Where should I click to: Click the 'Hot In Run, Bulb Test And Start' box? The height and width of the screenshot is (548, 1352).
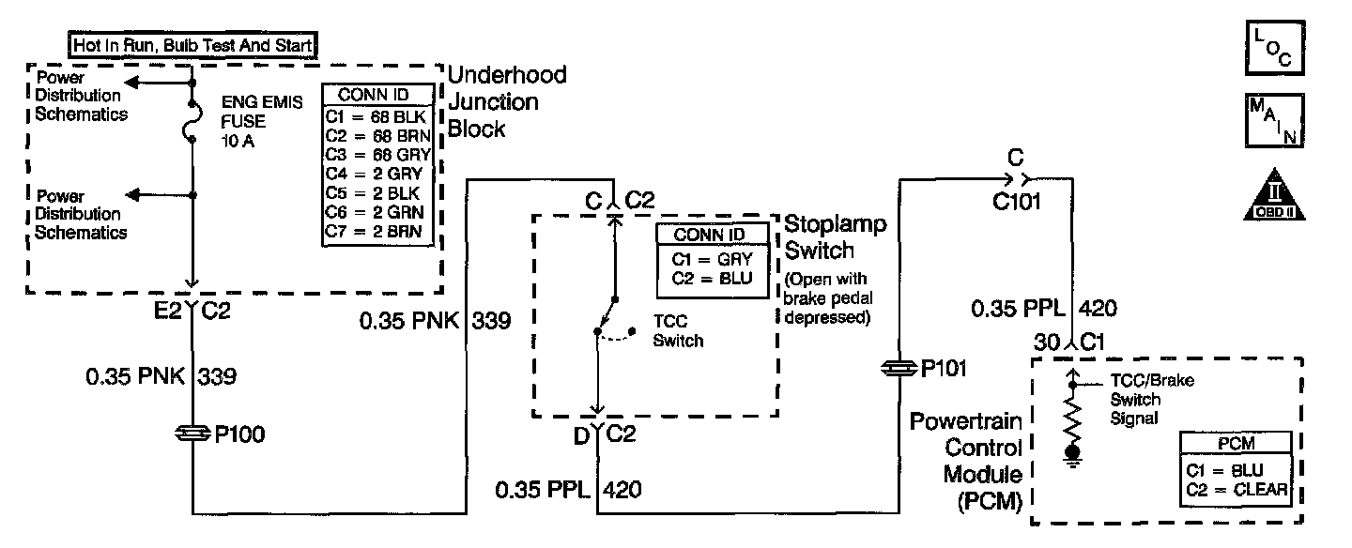pos(193,43)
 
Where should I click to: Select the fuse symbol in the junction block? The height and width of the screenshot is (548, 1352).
pos(192,122)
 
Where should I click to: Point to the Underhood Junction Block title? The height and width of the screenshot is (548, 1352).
pos(507,101)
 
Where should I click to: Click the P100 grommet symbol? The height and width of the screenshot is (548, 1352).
pos(192,434)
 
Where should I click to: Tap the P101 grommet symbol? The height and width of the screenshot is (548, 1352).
pos(899,369)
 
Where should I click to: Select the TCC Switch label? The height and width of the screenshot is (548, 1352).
pos(677,332)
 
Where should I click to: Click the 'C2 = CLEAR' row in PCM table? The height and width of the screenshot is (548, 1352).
pos(1236,489)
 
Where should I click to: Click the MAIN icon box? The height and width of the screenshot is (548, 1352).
pos(1273,119)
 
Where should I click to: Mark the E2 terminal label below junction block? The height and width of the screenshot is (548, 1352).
pos(168,311)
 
